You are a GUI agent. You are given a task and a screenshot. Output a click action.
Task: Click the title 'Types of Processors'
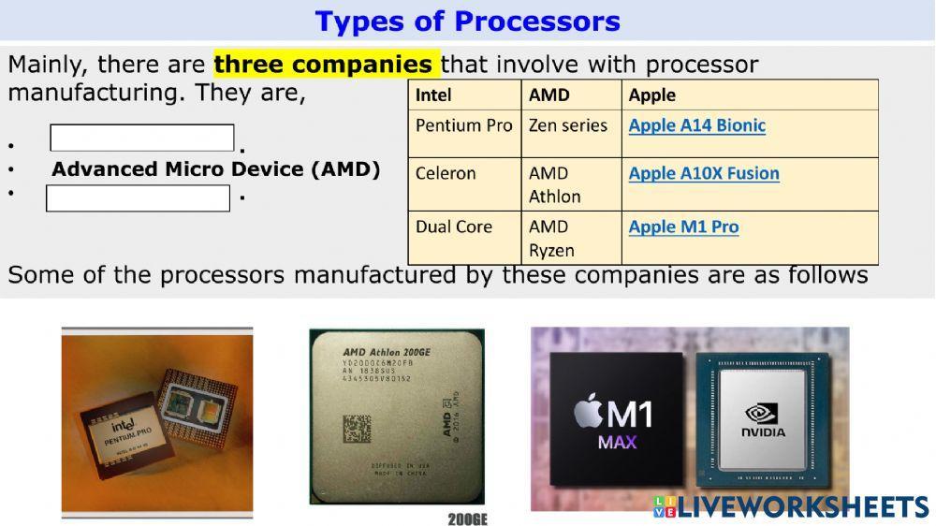(467, 21)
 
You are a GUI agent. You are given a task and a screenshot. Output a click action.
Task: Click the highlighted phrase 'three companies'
(323, 65)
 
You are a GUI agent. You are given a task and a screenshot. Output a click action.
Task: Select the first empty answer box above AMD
(142, 138)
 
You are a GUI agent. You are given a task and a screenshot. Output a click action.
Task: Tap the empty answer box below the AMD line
(138, 198)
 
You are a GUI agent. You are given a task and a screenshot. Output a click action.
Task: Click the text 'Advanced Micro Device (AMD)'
(216, 169)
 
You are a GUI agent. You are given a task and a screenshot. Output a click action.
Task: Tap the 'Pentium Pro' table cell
(463, 125)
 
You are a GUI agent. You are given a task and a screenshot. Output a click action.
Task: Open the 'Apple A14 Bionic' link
(696, 125)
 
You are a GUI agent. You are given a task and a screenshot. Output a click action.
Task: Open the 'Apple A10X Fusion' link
(704, 173)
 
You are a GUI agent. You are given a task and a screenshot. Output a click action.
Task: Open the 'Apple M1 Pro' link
(683, 226)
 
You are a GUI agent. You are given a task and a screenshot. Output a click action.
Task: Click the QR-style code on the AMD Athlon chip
(357, 429)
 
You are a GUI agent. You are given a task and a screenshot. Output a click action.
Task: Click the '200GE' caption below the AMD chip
(467, 519)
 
